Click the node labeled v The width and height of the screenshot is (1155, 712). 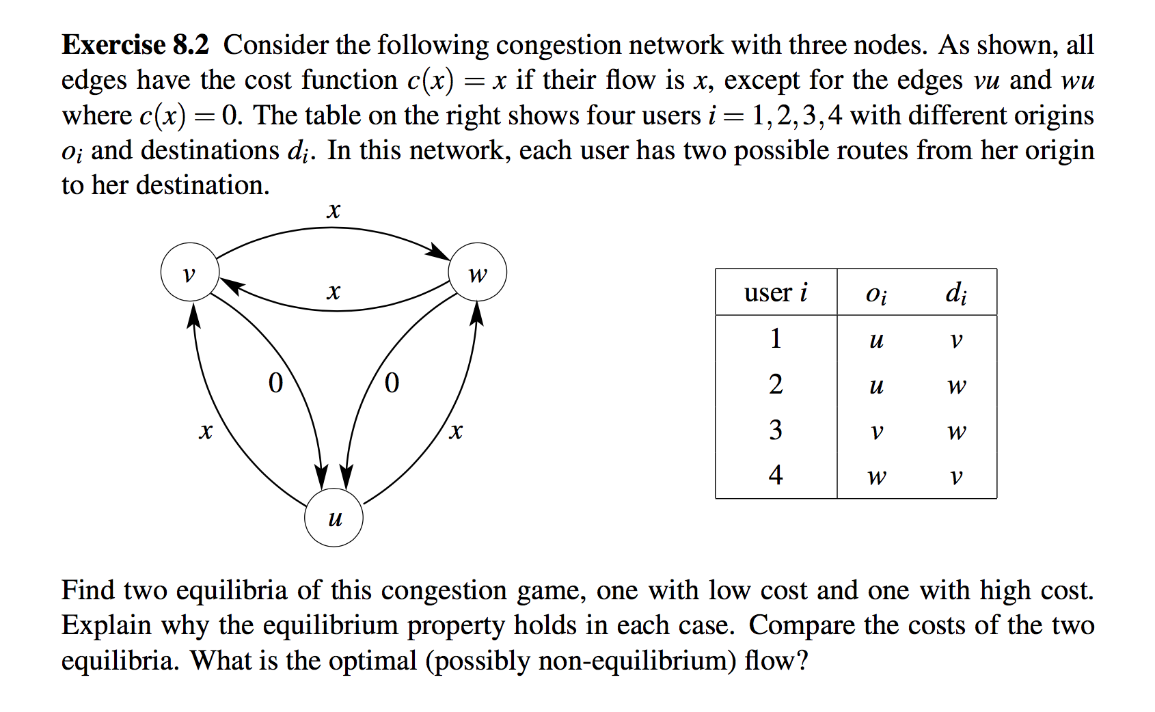coord(189,272)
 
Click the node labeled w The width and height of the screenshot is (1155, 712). coord(477,272)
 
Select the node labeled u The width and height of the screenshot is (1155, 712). coord(334,517)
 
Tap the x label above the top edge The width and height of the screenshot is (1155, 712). coord(333,210)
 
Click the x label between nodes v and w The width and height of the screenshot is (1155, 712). coord(333,292)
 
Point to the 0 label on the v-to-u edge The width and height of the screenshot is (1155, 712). coord(275,383)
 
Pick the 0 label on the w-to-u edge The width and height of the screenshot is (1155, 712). coord(392,383)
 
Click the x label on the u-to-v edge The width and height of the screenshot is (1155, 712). coord(205,431)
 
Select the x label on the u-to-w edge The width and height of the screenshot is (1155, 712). coord(456,431)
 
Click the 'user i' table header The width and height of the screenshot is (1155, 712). coord(776,292)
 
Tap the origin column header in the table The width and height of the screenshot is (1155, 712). coord(876,293)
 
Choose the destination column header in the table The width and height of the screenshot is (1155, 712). coord(956,293)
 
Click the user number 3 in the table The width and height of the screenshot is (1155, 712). coord(776,430)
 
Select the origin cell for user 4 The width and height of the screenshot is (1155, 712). coord(876,476)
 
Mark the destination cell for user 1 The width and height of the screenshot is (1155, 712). coord(956,340)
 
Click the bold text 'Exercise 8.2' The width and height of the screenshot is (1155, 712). coord(135,45)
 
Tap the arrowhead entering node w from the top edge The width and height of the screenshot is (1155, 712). coord(438,252)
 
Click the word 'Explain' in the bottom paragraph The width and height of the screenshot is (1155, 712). coord(107,625)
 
